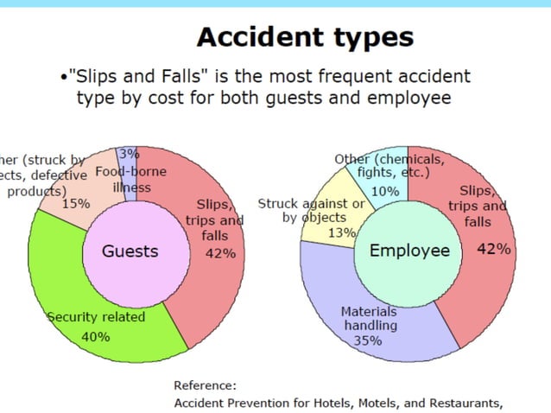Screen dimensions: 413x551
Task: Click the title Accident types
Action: click(304, 37)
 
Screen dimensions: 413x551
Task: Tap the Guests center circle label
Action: click(130, 251)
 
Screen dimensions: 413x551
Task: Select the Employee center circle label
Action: click(410, 251)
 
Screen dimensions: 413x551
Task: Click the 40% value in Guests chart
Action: click(95, 336)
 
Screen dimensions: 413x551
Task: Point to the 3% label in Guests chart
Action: click(129, 154)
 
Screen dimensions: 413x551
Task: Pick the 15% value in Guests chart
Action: click(76, 204)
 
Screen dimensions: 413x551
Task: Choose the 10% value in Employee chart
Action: click(385, 191)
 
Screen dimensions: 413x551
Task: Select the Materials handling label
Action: click(369, 319)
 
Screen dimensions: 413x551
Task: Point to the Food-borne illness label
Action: click(131, 179)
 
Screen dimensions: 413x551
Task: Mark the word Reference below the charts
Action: click(205, 385)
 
